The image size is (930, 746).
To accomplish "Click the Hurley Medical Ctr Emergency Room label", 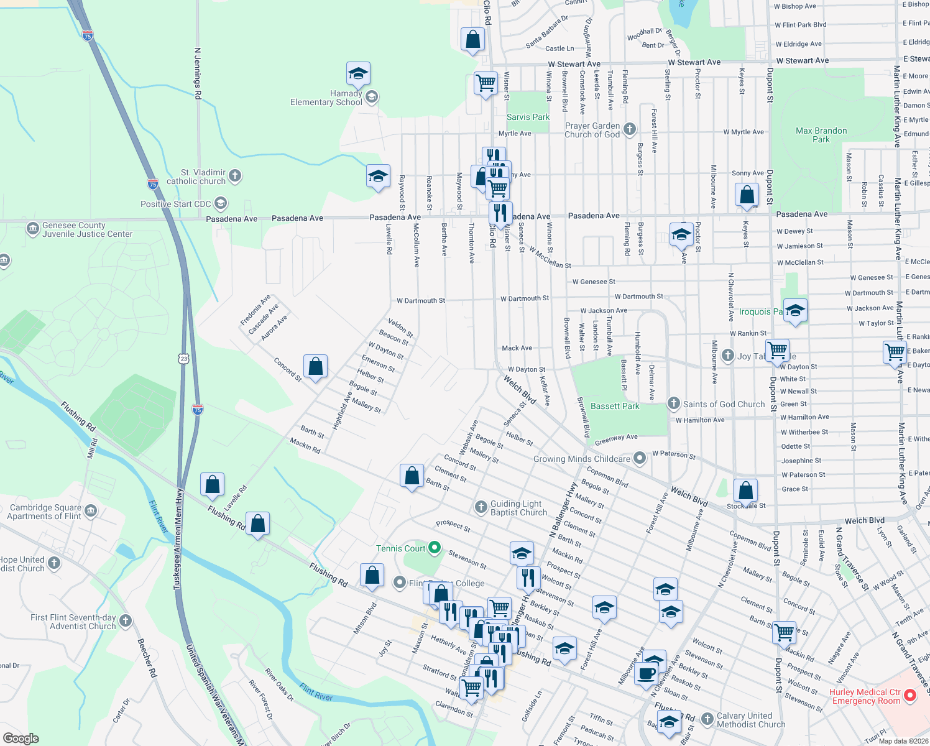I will coord(865,696).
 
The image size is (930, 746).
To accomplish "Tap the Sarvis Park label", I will coord(528,117).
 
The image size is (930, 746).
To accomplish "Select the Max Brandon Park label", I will coord(821,135).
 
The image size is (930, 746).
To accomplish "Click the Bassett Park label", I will coord(615,406).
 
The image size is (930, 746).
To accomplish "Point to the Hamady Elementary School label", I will coord(326,98).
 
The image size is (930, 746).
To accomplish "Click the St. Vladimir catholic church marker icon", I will coord(235,176).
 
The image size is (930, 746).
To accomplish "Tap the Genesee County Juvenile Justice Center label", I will coord(87,230).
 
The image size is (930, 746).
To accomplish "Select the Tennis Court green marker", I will coord(435,548).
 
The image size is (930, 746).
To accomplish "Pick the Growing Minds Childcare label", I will coord(582,459).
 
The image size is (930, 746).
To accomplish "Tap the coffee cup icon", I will coord(647,673).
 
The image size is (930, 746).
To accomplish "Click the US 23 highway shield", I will coord(183,359).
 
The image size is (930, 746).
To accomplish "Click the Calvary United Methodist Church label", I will coord(751,720).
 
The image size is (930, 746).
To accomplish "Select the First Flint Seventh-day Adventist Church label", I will coord(73,622).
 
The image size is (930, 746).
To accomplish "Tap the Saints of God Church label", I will coord(724,404).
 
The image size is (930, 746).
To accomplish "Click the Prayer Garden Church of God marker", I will coord(630,129).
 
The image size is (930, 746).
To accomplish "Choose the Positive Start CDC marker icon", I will coord(221,203).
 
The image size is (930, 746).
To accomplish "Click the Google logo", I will coord(21,739).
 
